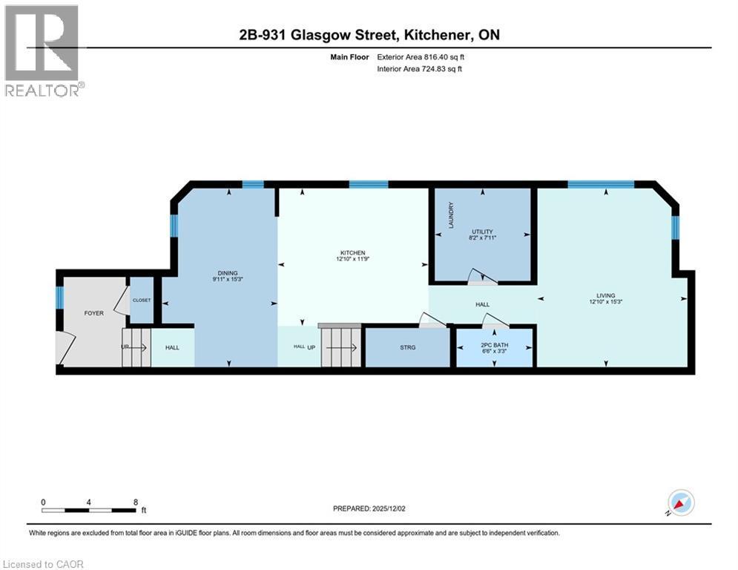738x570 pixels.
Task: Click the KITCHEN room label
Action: coord(353,252)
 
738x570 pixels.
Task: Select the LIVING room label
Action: coord(606,295)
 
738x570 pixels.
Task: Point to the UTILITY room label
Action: coord(482,232)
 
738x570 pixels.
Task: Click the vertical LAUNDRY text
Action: coord(450,214)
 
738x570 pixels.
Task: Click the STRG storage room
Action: coord(407,347)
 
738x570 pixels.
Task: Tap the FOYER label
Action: coord(93,313)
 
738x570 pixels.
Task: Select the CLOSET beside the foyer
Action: coord(141,301)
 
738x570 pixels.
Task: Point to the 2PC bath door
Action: coord(494,321)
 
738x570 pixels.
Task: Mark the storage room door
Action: coord(432,320)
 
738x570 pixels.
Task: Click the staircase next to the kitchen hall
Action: coord(340,347)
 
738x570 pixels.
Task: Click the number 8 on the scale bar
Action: coord(136,502)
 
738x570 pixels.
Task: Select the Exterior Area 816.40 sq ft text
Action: coord(421,56)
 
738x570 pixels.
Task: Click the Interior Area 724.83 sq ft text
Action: coord(421,69)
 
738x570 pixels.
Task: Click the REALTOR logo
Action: coord(43,50)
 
